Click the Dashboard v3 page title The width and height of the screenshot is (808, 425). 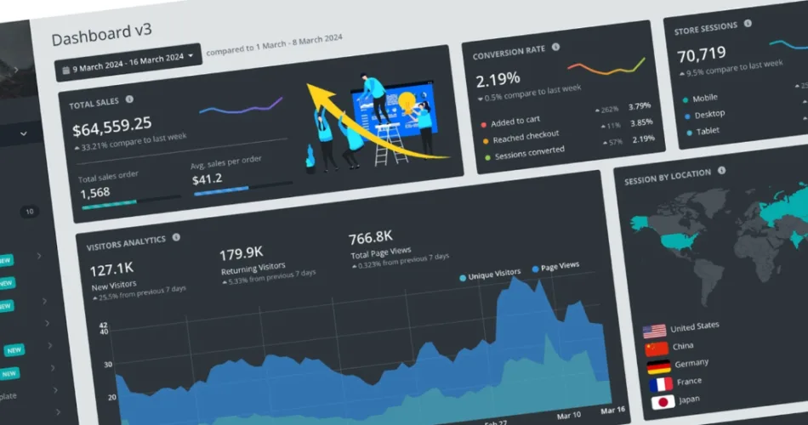[102, 37]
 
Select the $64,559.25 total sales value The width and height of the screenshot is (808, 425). [111, 127]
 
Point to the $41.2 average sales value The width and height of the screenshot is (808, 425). [208, 178]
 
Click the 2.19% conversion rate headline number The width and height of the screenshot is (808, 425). [498, 80]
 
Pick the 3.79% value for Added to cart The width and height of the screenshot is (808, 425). [639, 106]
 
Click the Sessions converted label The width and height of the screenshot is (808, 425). [529, 152]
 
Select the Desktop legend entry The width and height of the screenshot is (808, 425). [709, 114]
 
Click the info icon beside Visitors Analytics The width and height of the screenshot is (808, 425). [176, 239]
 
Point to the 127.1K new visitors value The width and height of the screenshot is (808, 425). [112, 271]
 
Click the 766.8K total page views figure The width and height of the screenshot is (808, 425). [370, 237]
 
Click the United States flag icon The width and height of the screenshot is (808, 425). [654, 330]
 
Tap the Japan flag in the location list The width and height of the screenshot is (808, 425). [661, 401]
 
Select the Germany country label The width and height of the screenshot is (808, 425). [690, 364]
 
